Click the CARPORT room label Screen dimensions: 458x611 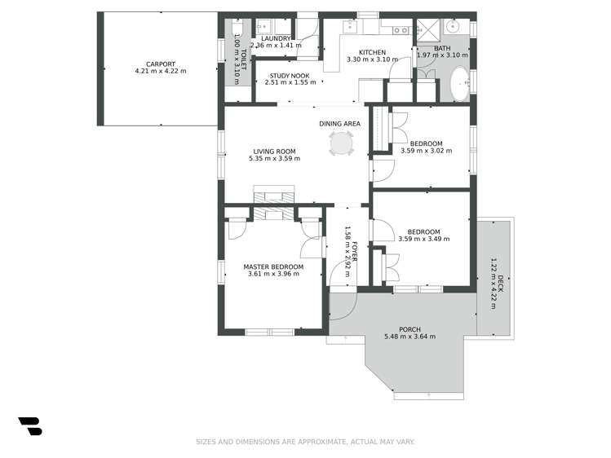(161, 64)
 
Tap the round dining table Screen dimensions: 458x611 (342, 144)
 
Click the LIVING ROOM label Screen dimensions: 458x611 (274, 151)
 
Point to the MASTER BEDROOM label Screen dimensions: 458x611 (273, 266)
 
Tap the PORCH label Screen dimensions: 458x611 (410, 329)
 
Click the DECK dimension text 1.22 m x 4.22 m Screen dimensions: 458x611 (493, 280)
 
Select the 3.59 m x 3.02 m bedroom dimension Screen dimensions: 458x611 (426, 151)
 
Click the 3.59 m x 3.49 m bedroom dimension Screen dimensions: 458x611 (423, 239)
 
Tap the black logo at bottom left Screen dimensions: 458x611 (29, 425)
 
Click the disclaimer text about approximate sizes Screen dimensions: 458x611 (305, 442)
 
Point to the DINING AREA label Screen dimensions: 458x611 (340, 124)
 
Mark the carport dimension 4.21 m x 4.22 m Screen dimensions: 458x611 (161, 71)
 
